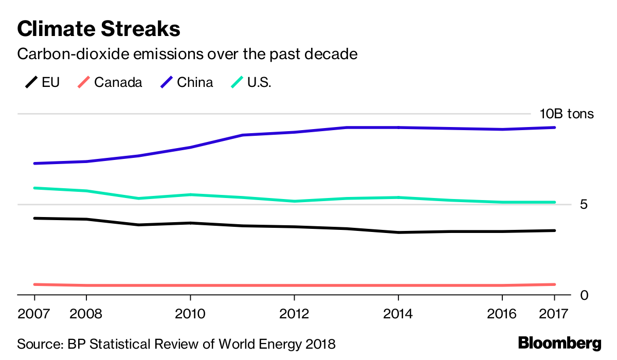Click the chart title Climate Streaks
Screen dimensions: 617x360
(99, 29)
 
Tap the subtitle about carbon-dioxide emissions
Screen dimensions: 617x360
(187, 54)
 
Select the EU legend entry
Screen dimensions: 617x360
(42, 82)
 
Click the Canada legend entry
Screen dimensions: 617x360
(110, 82)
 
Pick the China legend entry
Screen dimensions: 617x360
(187, 82)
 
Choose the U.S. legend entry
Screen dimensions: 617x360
(251, 82)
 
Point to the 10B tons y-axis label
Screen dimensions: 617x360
(567, 114)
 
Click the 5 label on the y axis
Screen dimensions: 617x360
(584, 204)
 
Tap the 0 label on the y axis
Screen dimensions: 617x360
(584, 295)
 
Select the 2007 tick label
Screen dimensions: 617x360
(33, 314)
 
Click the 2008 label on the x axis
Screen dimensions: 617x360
(86, 314)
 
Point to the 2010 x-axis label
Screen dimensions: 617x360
(190, 314)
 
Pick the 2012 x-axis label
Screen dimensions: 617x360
(294, 314)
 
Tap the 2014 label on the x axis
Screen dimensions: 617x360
(398, 314)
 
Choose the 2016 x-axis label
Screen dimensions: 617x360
(502, 314)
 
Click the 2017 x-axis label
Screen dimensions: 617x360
(554, 314)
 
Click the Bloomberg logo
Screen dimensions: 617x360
(560, 344)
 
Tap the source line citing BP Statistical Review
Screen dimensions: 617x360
(176, 344)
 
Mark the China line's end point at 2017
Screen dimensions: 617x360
(554, 128)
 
